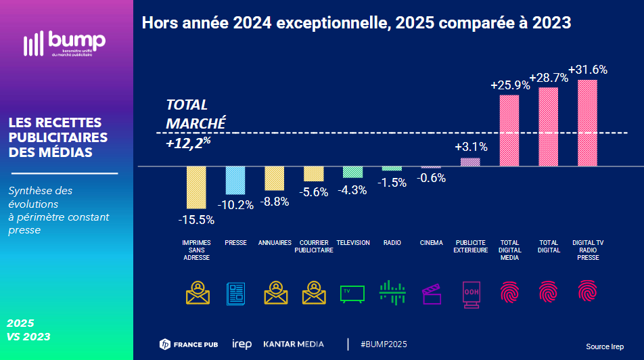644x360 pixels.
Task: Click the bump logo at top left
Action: pyautogui.click(x=64, y=43)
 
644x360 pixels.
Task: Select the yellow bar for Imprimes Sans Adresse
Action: pyautogui.click(x=196, y=187)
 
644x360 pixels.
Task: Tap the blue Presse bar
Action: pyautogui.click(x=235, y=180)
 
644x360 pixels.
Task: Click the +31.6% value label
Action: pyautogui.click(x=588, y=70)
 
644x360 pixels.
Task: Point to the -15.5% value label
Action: pyautogui.click(x=196, y=219)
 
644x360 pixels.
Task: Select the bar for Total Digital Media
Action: pyautogui.click(x=509, y=130)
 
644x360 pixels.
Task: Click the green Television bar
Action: pyautogui.click(x=352, y=172)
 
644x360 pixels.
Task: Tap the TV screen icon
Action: pyautogui.click(x=352, y=293)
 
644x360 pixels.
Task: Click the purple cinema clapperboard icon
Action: pyautogui.click(x=432, y=294)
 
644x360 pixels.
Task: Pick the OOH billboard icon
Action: pyautogui.click(x=471, y=294)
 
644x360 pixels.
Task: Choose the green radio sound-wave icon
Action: pyautogui.click(x=392, y=292)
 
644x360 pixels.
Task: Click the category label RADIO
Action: pyautogui.click(x=392, y=243)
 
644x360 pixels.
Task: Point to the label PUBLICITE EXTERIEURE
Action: pyautogui.click(x=471, y=246)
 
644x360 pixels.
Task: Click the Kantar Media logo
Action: pyautogui.click(x=294, y=344)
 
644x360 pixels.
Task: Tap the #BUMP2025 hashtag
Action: pyautogui.click(x=384, y=344)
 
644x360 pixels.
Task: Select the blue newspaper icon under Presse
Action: pyautogui.click(x=235, y=293)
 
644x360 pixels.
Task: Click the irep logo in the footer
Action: pyautogui.click(x=241, y=344)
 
